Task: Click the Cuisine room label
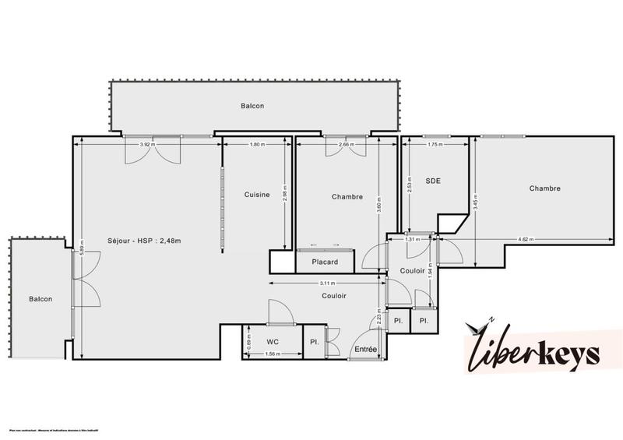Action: tap(256, 195)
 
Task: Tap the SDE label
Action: tap(433, 181)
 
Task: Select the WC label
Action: tap(272, 341)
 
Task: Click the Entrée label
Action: tap(366, 350)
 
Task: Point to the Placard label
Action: tap(324, 262)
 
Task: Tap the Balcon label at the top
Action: tap(252, 105)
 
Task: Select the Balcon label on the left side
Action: tap(41, 299)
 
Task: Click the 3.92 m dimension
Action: tap(146, 144)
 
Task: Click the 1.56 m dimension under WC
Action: tap(272, 354)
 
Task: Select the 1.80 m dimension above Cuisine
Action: tap(256, 144)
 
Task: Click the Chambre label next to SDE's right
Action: tap(544, 188)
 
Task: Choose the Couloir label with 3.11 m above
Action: tap(334, 296)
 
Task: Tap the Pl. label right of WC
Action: tap(314, 341)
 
